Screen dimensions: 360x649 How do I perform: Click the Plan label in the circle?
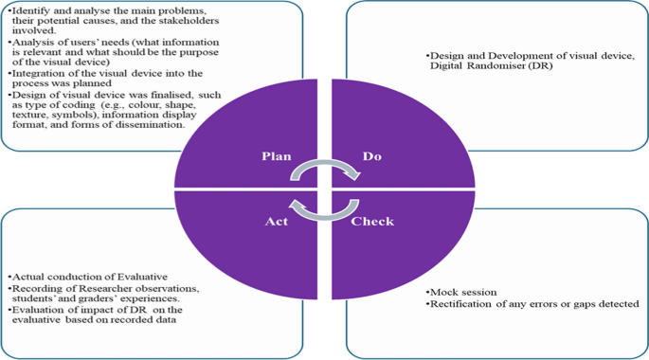pyautogui.click(x=276, y=156)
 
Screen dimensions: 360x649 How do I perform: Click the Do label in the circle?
pyautogui.click(x=371, y=156)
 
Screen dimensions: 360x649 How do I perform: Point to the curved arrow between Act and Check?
pyautogui.click(x=324, y=207)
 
